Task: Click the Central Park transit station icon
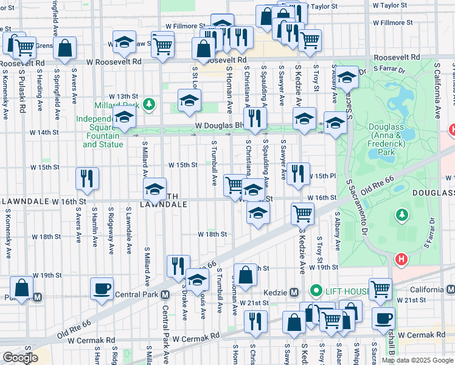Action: [164, 296]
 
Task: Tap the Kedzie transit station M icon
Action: [293, 291]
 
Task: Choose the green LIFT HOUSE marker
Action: [316, 291]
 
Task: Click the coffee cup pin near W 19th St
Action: [102, 288]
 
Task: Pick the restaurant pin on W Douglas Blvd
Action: [255, 118]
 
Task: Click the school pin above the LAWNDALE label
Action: [155, 189]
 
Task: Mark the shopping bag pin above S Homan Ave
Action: [245, 274]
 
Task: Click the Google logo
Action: [20, 358]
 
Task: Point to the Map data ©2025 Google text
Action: [417, 360]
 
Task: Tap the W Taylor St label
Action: [389, 5]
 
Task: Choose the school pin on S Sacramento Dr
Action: [347, 77]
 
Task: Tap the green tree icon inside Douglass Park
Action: [401, 215]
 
